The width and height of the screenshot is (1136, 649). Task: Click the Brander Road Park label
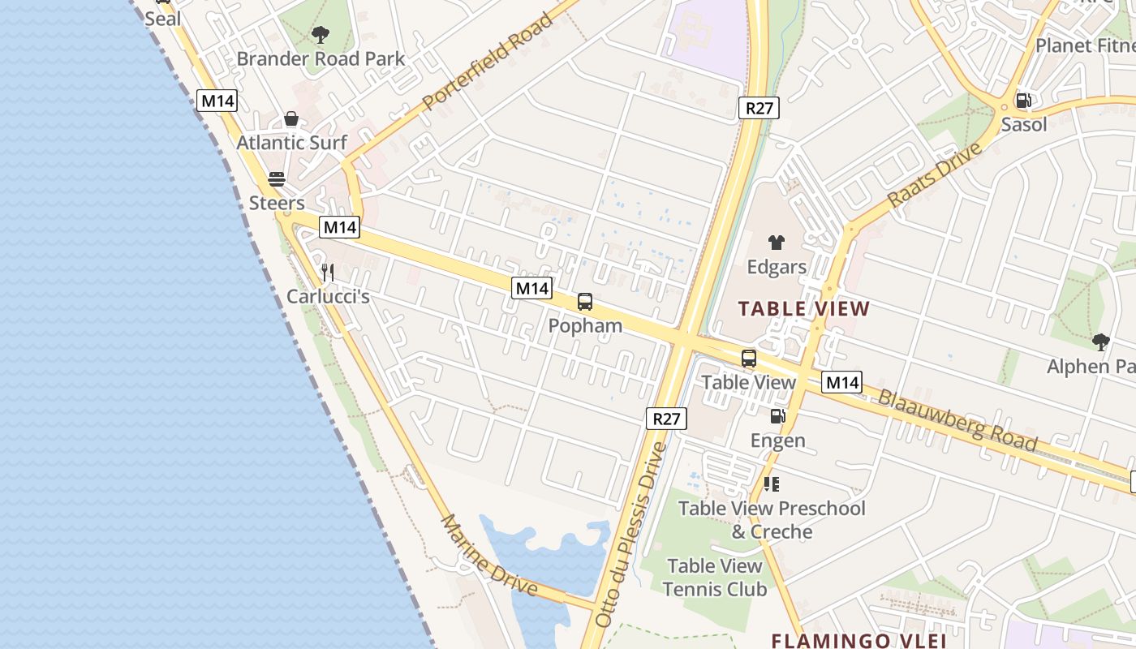pos(321,59)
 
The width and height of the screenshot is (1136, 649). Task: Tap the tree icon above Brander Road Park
pos(321,35)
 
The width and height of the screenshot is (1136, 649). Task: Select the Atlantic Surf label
pos(292,143)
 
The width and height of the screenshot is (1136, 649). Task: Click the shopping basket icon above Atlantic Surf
pos(291,119)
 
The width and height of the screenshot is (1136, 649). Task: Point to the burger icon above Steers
pos(277,178)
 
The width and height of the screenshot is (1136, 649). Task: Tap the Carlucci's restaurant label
pos(328,297)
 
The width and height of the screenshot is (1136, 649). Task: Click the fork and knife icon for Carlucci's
pos(328,273)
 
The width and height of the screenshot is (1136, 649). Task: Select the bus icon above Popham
pos(585,302)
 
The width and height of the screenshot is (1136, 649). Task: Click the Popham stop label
pos(585,326)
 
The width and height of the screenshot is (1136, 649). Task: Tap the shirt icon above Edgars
pos(777,243)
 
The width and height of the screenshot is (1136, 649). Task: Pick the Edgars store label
pos(777,267)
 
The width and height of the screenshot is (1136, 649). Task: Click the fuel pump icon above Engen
pos(777,417)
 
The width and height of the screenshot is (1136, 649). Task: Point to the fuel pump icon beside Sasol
pos(1024,101)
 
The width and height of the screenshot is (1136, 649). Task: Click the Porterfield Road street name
pos(488,62)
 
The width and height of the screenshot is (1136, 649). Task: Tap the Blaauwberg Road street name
pos(957,420)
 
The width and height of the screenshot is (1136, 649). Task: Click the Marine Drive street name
pos(488,554)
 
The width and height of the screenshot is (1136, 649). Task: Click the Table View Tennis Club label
pos(715,578)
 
